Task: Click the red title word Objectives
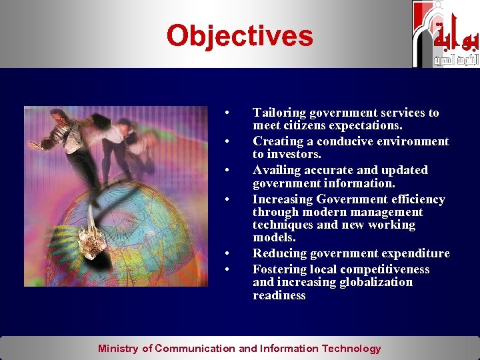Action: [239, 35]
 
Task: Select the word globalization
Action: [376, 282]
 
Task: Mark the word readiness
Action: [279, 295]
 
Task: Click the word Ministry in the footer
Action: [118, 348]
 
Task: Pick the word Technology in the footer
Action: [351, 348]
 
